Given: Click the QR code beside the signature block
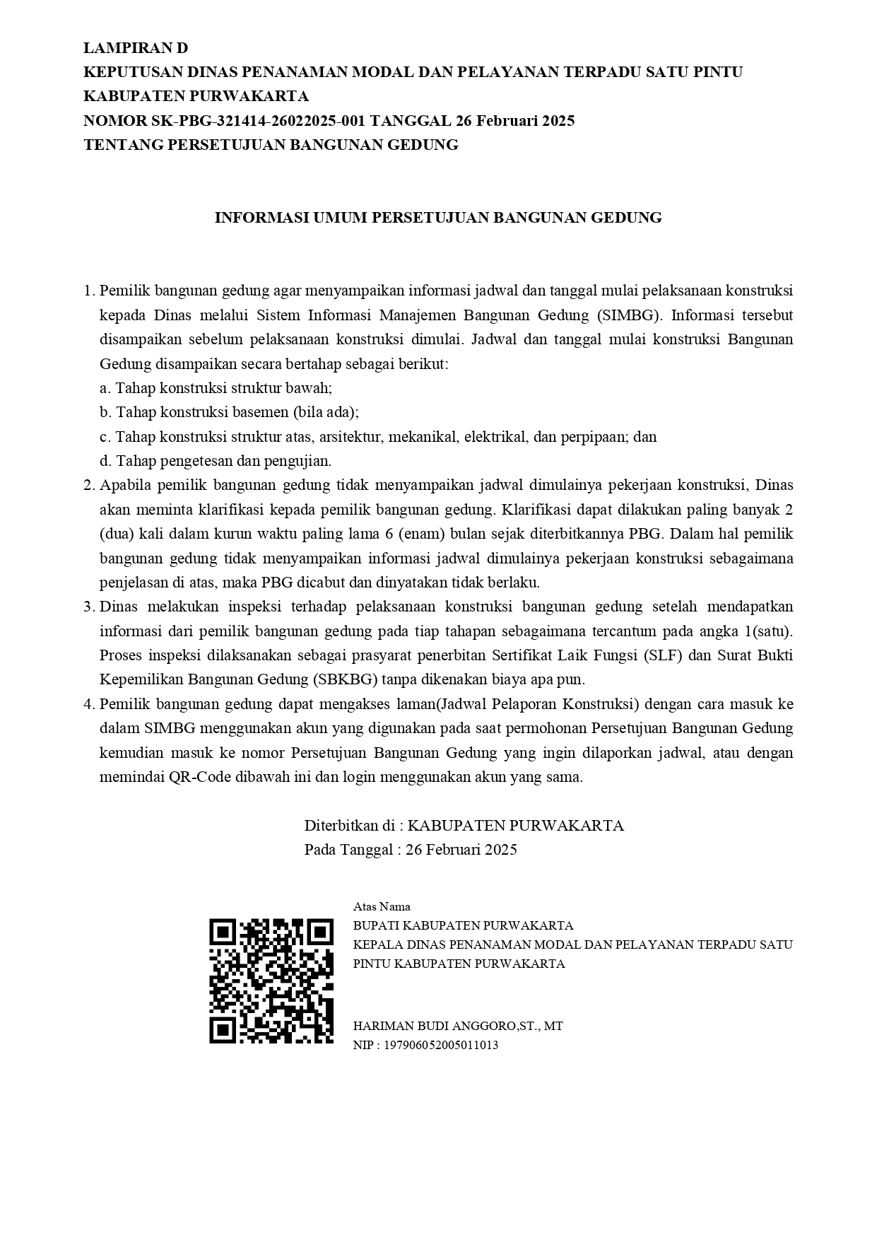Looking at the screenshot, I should pos(271,981).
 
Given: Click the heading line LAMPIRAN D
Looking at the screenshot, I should pos(136,48).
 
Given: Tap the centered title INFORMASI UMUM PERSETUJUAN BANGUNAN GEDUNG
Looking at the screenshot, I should pos(438,218).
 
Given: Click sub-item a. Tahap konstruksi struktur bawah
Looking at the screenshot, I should pos(216,388).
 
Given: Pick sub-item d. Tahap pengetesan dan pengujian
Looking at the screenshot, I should pos(216,461).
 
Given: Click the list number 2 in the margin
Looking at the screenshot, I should pos(88,485).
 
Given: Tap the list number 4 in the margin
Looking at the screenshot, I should pos(88,704).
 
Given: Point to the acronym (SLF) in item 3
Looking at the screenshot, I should pos(662,655).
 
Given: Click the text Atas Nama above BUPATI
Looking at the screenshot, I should pos(382,906).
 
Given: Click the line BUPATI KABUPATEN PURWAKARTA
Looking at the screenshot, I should pos(463,925).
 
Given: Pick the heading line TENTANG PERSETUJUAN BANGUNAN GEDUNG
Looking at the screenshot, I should pos(271,145).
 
